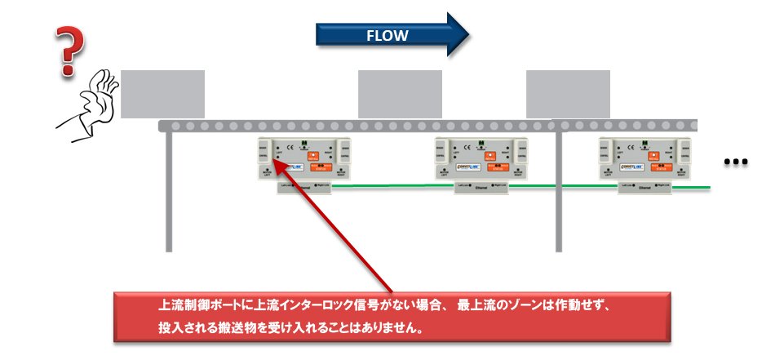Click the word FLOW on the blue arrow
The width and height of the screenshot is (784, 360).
[387, 36]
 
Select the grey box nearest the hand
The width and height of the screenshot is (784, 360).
[163, 94]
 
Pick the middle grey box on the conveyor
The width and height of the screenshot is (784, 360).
[400, 94]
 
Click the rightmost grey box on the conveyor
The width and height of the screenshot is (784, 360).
[567, 94]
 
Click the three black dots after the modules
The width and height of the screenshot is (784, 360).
[737, 162]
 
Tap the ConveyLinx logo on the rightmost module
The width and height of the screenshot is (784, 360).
[634, 167]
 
